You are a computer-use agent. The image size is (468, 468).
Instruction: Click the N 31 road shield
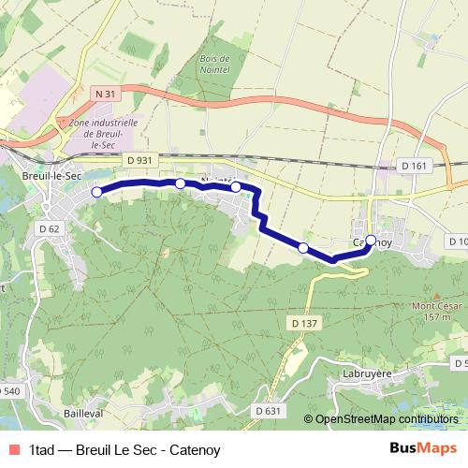click(x=105, y=94)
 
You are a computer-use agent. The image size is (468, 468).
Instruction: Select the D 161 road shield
click(x=412, y=166)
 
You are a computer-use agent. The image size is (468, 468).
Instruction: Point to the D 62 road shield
click(x=50, y=228)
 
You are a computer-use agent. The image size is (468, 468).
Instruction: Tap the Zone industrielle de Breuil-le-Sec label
click(x=110, y=134)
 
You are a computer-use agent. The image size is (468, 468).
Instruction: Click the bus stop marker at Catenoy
click(x=371, y=241)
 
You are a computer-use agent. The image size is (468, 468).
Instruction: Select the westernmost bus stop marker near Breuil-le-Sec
click(x=96, y=192)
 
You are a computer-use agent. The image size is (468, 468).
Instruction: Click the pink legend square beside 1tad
click(x=12, y=448)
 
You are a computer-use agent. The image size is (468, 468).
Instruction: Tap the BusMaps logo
click(x=423, y=447)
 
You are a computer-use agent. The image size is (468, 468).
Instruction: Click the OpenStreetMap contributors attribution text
click(x=386, y=420)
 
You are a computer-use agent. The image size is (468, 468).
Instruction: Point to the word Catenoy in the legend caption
click(x=197, y=448)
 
